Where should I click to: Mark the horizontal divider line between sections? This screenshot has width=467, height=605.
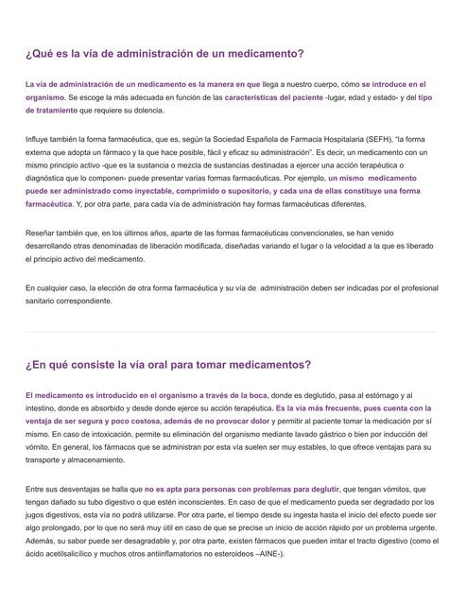(233, 332)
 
